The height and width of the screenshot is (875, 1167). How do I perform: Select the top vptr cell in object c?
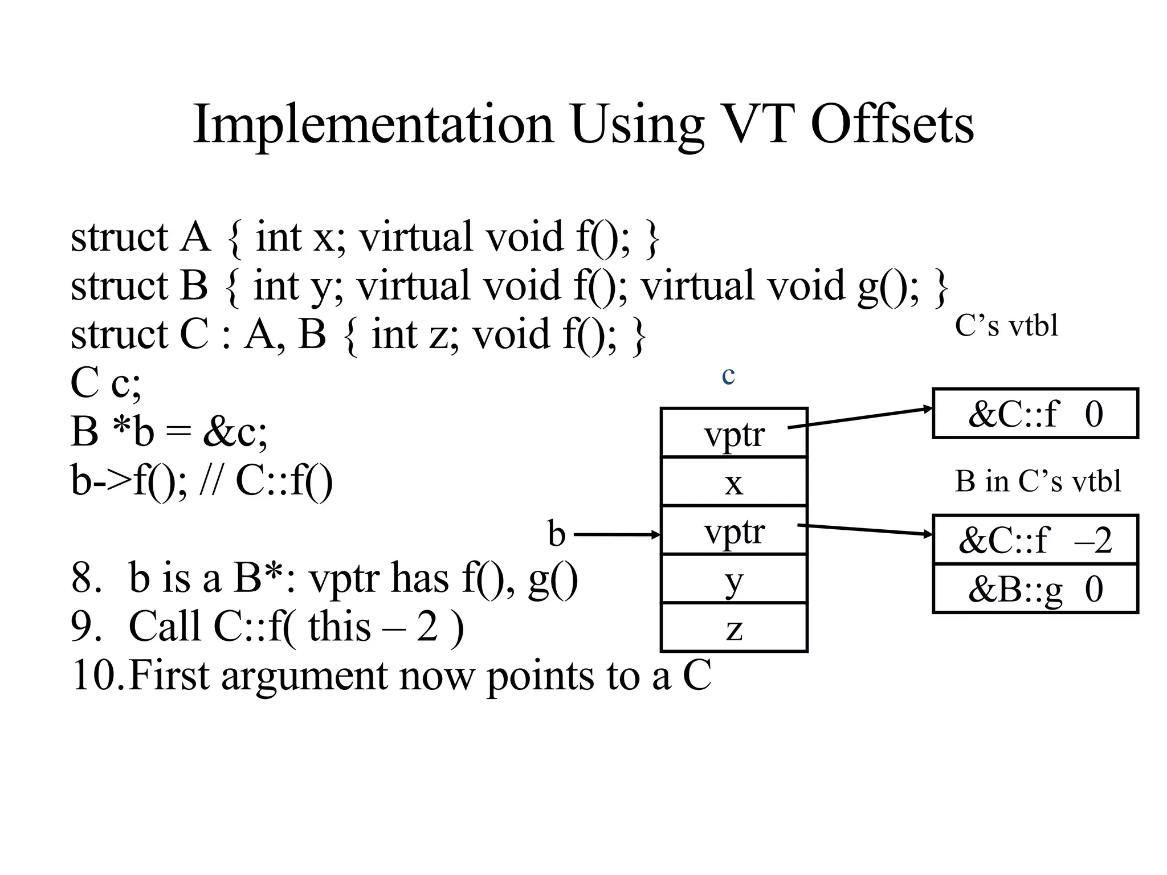[733, 433]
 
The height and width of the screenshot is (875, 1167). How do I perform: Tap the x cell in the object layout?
[733, 482]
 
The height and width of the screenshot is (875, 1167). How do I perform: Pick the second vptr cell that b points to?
[733, 530]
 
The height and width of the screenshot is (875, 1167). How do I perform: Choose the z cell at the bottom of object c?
[733, 628]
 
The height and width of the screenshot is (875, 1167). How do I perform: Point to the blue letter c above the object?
[728, 375]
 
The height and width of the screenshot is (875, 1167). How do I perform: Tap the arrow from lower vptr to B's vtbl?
[865, 530]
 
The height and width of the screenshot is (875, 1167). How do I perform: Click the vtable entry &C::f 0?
[1035, 414]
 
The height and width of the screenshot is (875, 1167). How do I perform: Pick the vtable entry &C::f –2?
[1035, 540]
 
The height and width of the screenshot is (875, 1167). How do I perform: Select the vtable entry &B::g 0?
[1035, 589]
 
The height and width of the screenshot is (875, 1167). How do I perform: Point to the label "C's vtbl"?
[1006, 326]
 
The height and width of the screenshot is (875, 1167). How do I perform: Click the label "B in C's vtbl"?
[1038, 481]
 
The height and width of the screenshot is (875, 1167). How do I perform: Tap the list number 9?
[86, 626]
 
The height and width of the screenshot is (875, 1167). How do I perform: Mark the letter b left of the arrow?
[557, 534]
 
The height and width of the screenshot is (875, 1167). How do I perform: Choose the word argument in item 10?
[305, 676]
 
